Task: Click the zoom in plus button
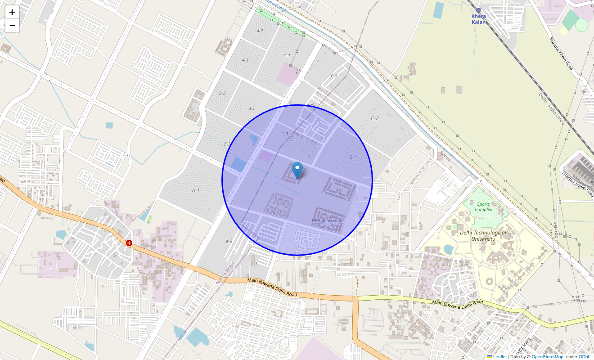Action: coord(12,12)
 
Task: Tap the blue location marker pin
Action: coord(297,170)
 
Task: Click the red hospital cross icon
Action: coord(129,243)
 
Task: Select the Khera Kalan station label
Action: coord(478,19)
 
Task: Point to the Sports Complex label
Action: coord(483,207)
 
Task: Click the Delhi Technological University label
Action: coord(483,236)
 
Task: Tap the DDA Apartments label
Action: coord(328,220)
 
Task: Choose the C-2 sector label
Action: coord(374,118)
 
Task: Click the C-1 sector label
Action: coord(352,157)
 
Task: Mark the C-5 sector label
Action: coord(334,76)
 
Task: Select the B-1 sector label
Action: coord(252,108)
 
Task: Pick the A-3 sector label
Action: coord(245,60)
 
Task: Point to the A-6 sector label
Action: coord(229,241)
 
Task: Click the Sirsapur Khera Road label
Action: coord(561,54)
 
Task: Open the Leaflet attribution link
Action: coord(499,356)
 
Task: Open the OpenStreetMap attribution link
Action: coord(547,356)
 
